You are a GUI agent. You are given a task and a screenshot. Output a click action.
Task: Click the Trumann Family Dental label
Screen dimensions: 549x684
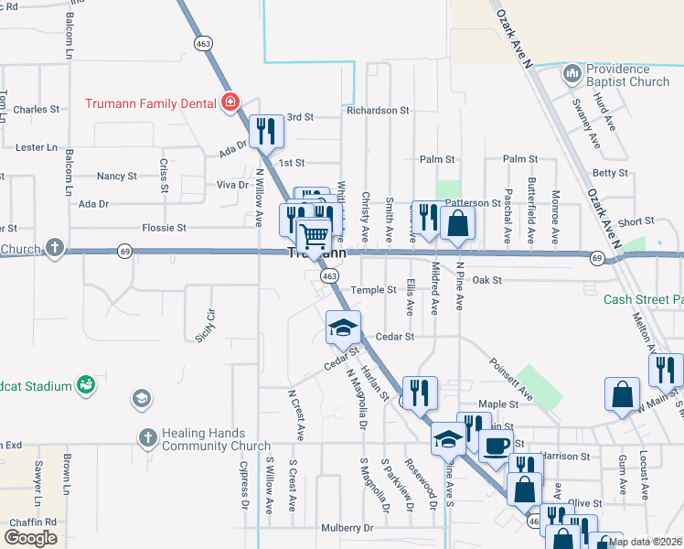[150, 103]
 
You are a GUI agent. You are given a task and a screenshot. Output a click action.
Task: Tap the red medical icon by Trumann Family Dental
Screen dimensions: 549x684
[230, 102]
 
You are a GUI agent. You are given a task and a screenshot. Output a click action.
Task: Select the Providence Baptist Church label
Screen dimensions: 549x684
[628, 76]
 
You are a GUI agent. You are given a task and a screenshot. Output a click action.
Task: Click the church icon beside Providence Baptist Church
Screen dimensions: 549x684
[572, 72]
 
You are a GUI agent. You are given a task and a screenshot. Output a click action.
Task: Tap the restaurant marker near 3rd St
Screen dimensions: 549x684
[266, 132]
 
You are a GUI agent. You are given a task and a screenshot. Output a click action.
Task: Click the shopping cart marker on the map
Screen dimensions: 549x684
[314, 235]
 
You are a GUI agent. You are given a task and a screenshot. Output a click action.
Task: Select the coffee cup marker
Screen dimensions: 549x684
[497, 446]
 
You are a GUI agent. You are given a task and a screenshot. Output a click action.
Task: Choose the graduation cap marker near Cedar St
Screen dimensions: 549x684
[343, 328]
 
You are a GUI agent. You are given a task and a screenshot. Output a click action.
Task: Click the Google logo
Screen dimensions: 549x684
[31, 537]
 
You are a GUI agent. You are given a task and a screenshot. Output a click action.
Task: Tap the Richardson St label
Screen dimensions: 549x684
[378, 110]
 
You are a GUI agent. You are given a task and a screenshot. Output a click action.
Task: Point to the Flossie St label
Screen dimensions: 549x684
[165, 227]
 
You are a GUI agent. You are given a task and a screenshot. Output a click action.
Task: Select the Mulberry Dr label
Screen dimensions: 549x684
[348, 528]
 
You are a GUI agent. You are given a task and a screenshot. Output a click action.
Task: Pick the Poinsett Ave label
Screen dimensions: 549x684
[509, 380]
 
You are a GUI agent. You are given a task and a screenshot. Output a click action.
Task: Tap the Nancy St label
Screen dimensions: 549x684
[116, 176]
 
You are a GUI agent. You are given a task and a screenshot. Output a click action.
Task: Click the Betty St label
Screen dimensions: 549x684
[610, 172]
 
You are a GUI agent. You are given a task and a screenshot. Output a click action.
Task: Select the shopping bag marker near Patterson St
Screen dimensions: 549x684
[457, 222]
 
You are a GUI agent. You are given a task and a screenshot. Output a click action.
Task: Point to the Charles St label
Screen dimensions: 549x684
[37, 110]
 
